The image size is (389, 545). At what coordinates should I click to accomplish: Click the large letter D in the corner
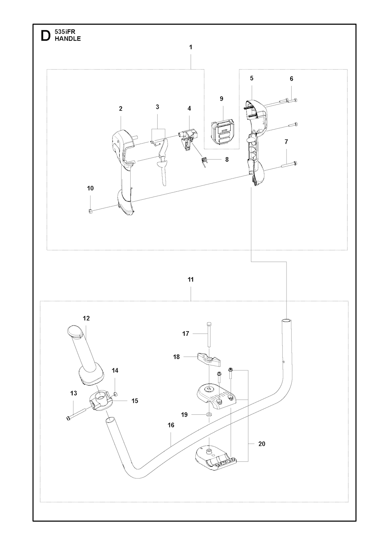45,36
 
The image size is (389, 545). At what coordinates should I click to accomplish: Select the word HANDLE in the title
68,39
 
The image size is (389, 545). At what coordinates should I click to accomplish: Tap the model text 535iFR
65,33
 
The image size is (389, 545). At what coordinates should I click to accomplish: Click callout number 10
90,188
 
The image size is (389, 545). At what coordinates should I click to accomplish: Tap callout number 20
261,444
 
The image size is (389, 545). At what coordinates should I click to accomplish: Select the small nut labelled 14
115,393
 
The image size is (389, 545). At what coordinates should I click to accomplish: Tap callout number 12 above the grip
86,318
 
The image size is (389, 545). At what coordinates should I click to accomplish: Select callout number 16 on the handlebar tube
171,425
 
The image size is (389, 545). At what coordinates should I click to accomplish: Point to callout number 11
191,280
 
